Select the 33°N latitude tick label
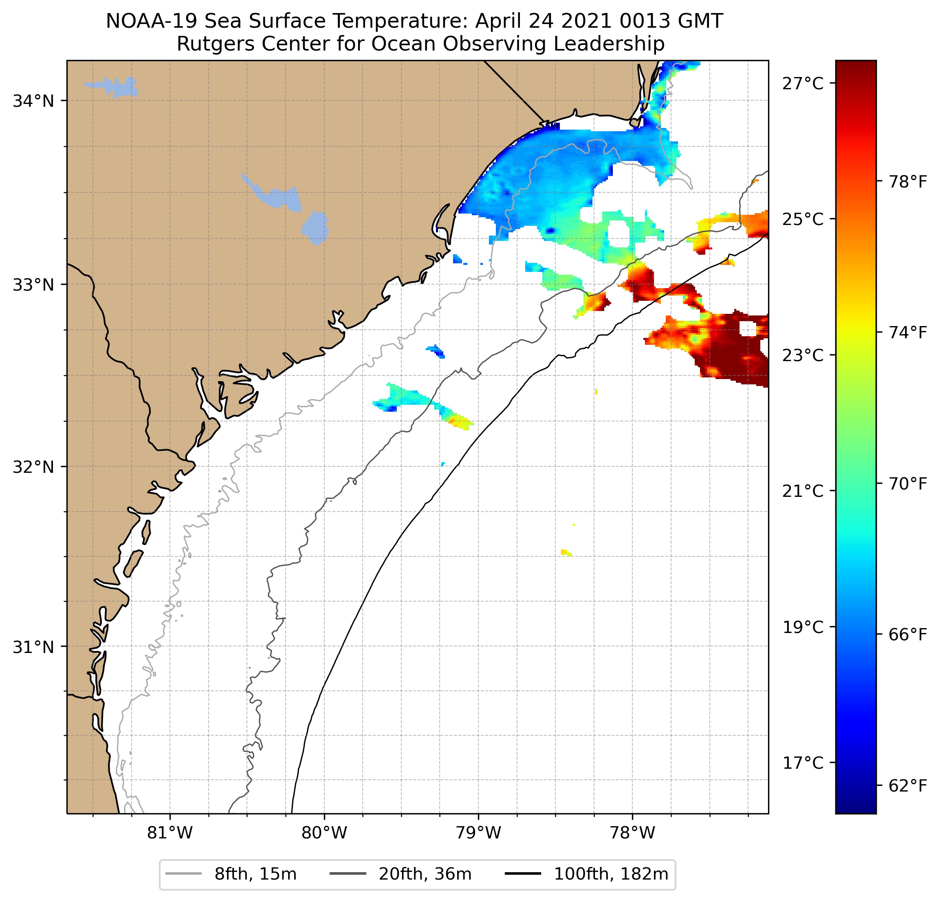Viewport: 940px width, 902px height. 33,285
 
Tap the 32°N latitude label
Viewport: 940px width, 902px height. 33,467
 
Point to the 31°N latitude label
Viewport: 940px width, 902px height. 33,647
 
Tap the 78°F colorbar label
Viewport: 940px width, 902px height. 908,182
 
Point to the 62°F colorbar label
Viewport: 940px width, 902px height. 908,785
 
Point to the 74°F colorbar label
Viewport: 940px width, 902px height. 908,333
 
